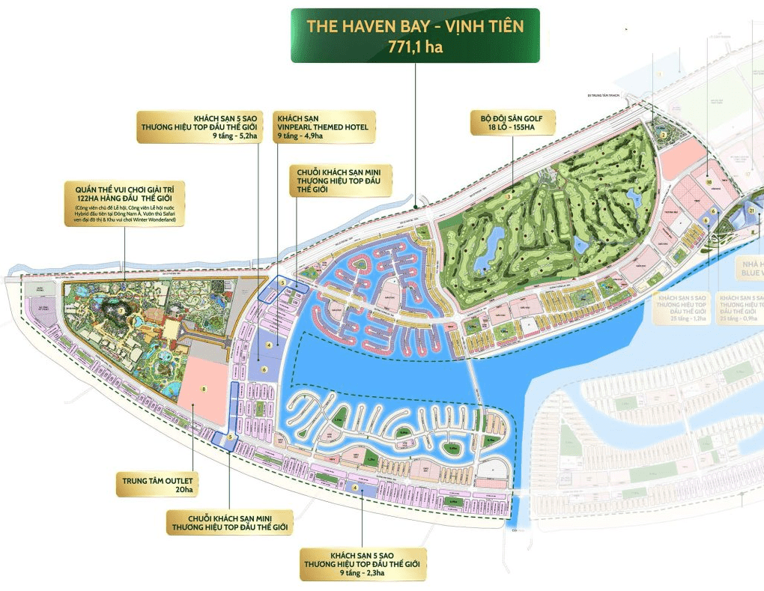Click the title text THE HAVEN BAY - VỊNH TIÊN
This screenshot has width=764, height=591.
[414, 27]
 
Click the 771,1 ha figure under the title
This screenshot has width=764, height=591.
[414, 46]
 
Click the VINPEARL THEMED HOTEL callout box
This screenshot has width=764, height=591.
[324, 127]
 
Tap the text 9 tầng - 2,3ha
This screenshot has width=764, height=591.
[362, 572]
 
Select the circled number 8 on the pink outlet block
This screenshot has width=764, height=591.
[202, 389]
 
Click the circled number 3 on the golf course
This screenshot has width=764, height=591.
[509, 196]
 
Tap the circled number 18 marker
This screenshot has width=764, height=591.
[708, 181]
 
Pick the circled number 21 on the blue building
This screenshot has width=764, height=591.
[751, 211]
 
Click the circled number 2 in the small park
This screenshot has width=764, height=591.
[664, 135]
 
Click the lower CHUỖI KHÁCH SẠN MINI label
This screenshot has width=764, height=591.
[228, 522]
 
